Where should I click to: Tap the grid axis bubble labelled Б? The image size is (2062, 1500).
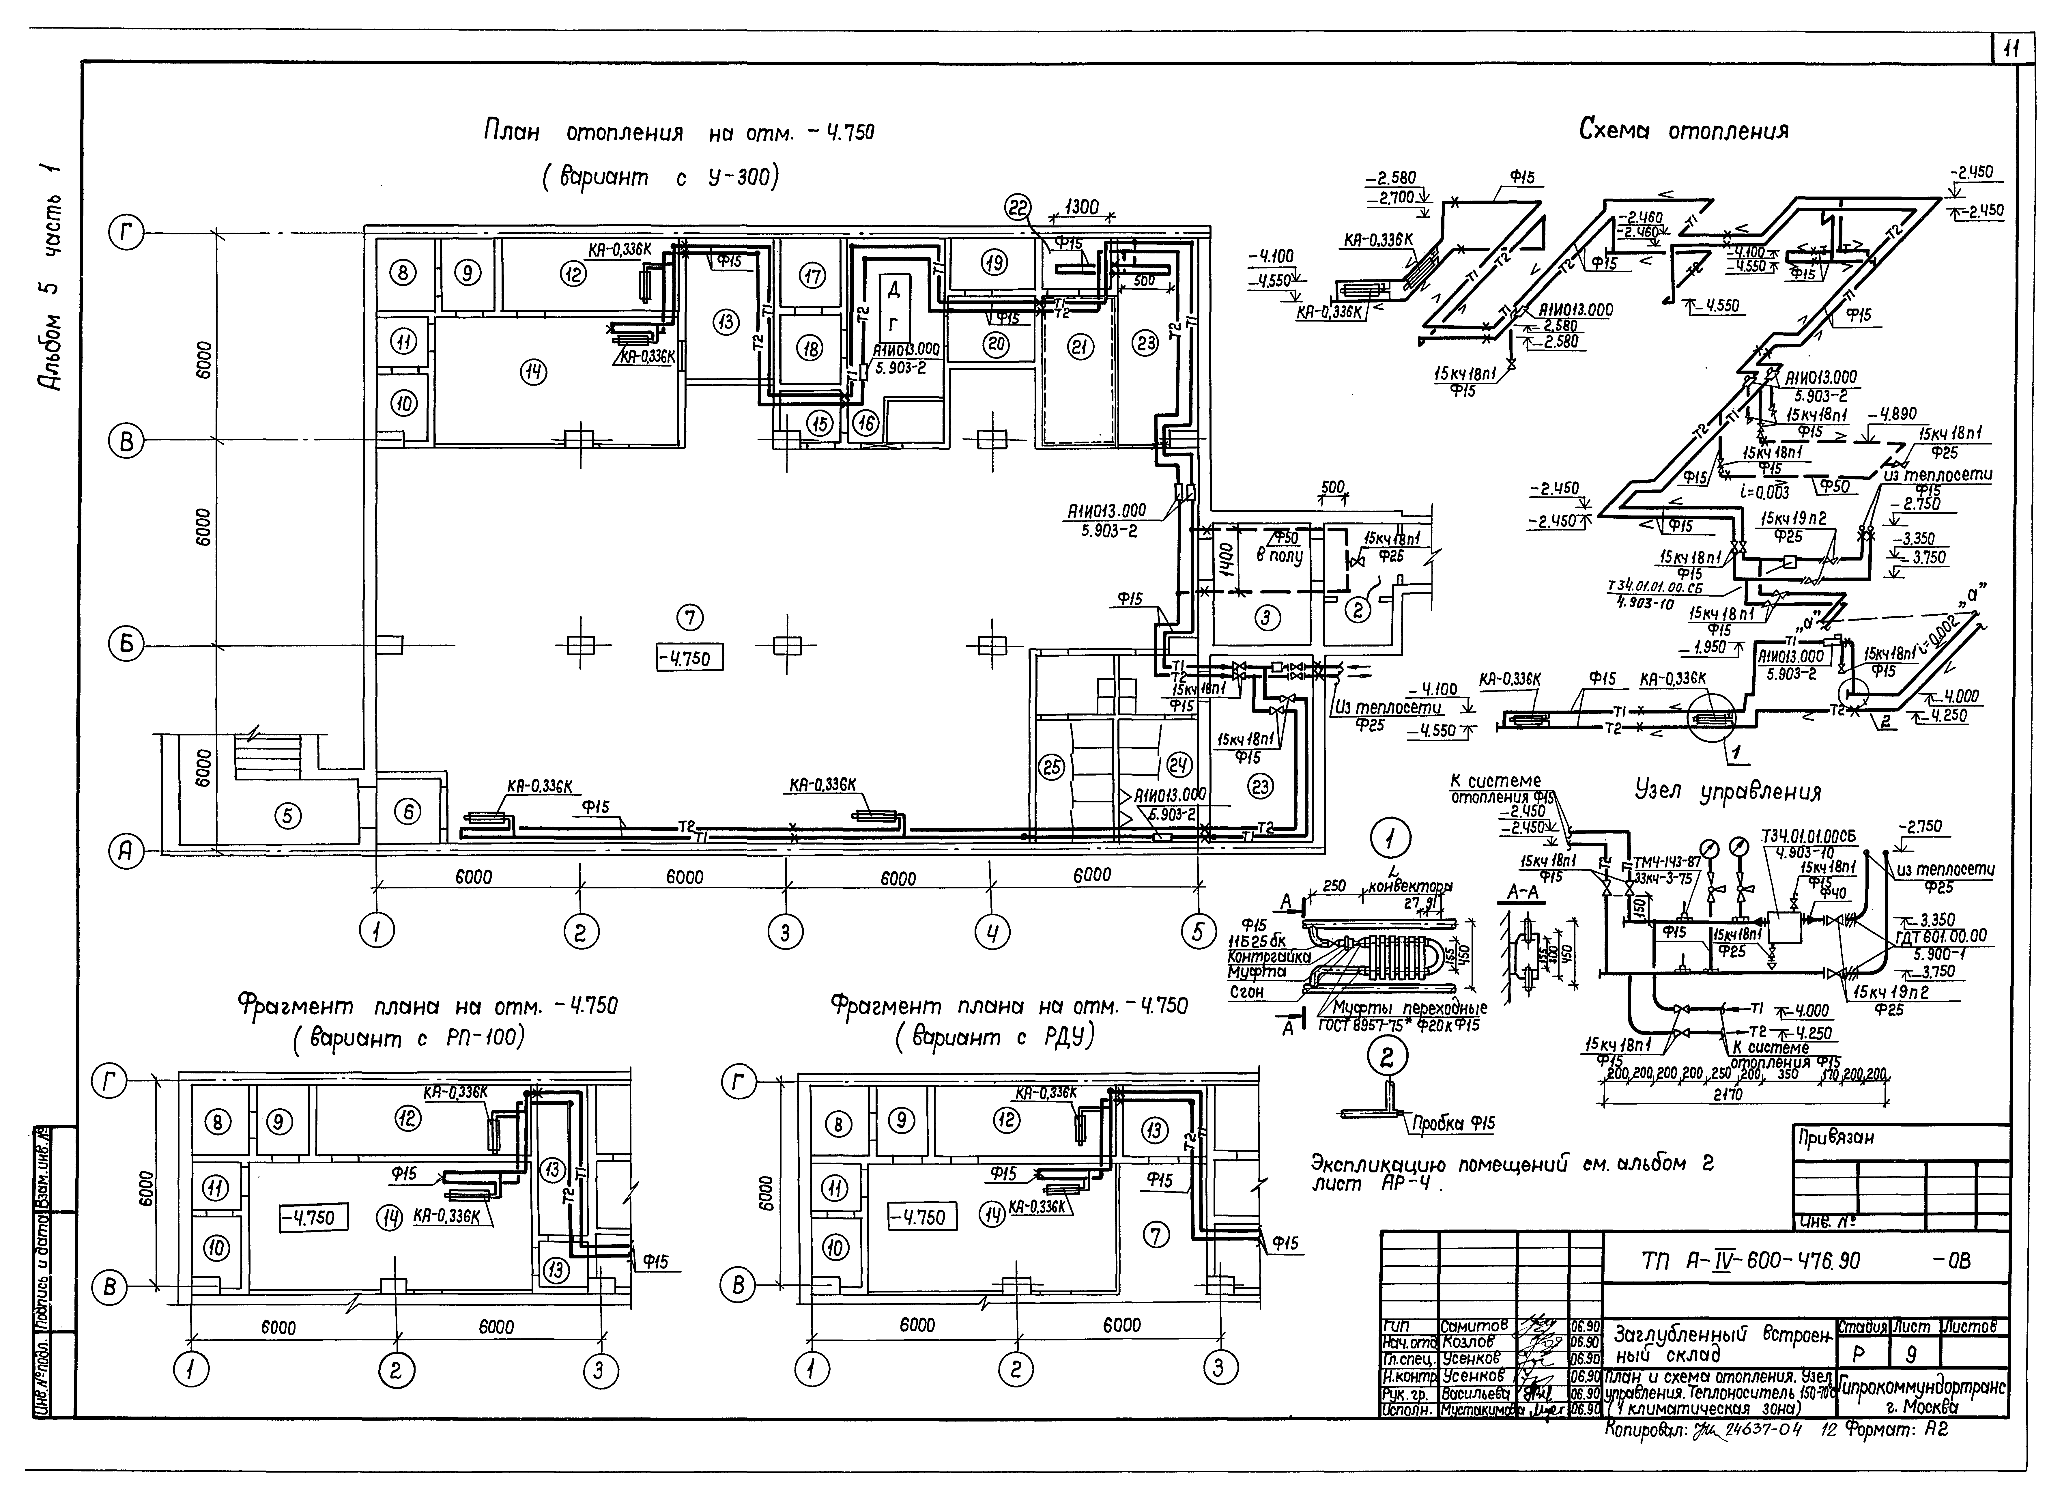(126, 645)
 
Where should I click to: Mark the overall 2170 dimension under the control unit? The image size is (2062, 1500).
(1728, 1095)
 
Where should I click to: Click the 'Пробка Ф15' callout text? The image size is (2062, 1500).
(1452, 1124)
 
